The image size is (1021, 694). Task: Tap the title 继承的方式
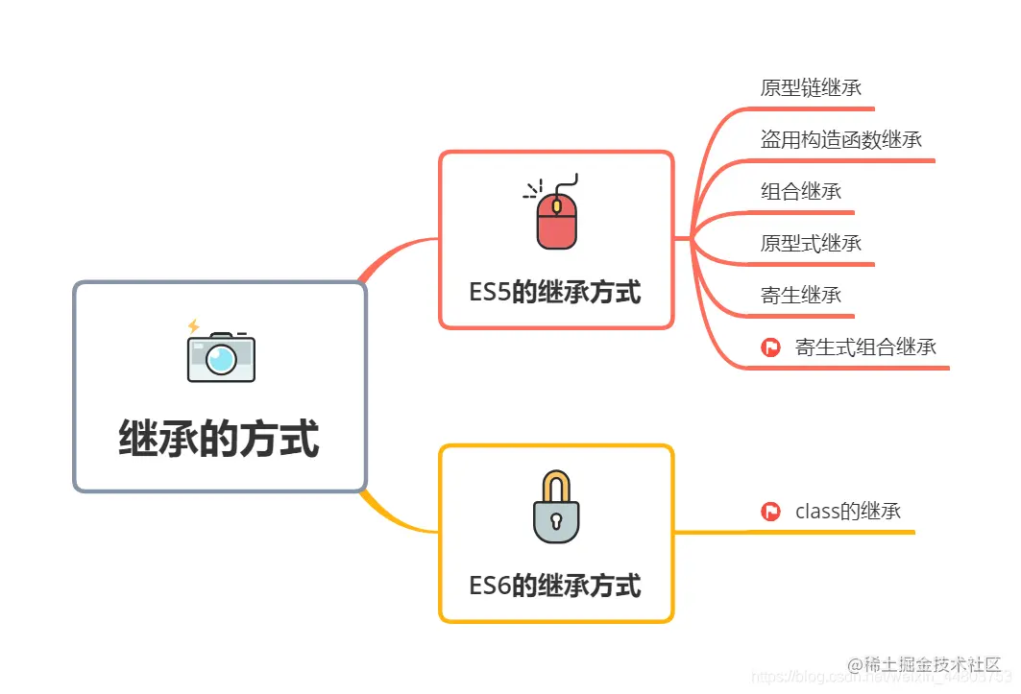(219, 438)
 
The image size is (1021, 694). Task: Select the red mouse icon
(556, 220)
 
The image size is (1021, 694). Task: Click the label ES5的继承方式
(555, 292)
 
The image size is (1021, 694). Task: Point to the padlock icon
(556, 508)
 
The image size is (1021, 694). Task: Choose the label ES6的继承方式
(555, 585)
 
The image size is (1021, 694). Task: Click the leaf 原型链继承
(811, 88)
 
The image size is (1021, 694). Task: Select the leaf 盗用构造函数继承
(841, 140)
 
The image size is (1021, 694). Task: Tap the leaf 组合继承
(801, 191)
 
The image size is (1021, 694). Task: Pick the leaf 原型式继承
(811, 243)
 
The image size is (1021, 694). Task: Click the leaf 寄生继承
(801, 295)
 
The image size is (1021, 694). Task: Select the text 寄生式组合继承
(865, 347)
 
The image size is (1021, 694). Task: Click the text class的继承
(848, 512)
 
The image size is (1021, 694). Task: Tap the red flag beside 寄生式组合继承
(770, 347)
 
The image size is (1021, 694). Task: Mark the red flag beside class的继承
(770, 512)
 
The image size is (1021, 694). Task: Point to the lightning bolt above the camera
(194, 326)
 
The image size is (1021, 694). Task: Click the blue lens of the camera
(222, 360)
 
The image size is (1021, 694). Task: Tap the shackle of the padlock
(556, 486)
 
